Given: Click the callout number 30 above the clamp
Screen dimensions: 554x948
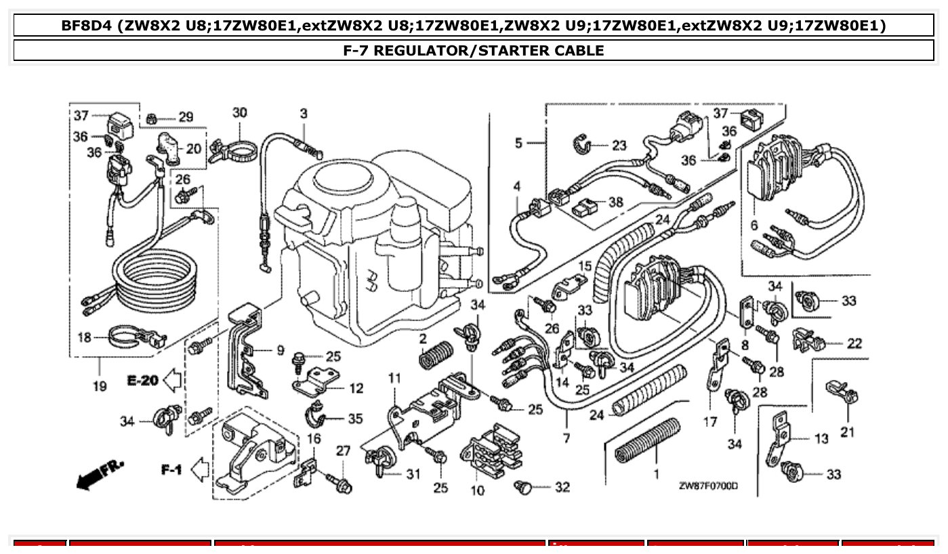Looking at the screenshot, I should coord(240,112).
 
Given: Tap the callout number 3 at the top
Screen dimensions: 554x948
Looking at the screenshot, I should coord(304,113).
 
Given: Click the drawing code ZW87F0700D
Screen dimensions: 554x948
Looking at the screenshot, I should coord(708,486).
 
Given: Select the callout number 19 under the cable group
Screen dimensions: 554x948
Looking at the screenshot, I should coord(100,387).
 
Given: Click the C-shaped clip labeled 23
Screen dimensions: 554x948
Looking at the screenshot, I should coord(581,144).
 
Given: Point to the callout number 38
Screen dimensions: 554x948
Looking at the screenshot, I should coord(615,202).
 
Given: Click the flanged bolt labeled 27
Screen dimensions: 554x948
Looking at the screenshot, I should coord(341,482).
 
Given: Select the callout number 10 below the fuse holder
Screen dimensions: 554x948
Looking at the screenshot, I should coord(478,491).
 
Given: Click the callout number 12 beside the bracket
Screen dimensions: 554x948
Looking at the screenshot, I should coord(356,388).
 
